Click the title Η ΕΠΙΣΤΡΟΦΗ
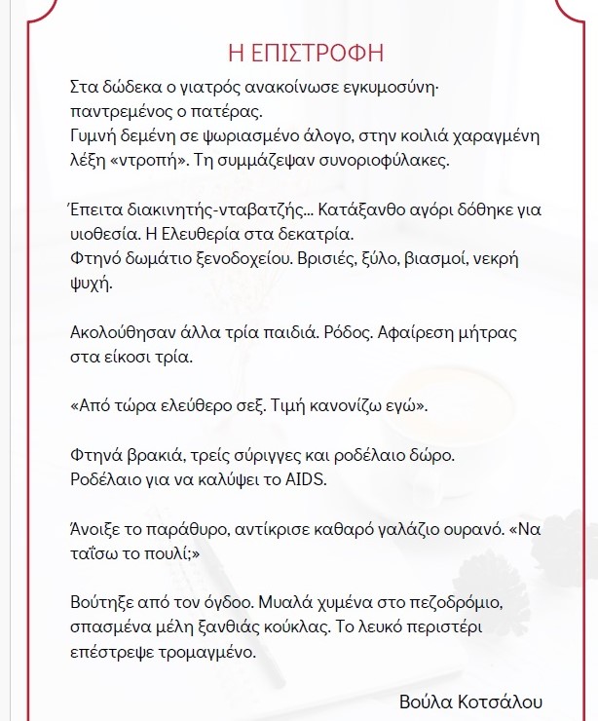click(x=300, y=51)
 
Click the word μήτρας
click(x=485, y=332)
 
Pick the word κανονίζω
click(x=357, y=404)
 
